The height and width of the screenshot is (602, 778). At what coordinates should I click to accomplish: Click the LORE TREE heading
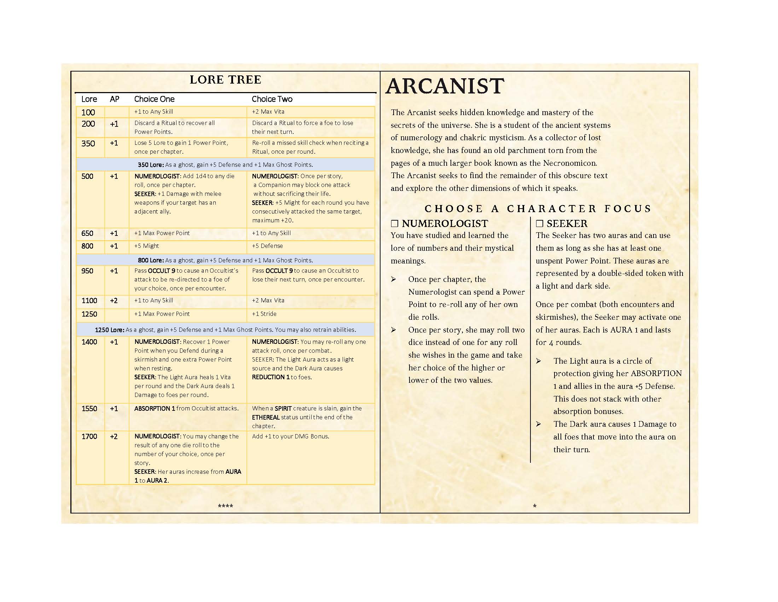coord(225,80)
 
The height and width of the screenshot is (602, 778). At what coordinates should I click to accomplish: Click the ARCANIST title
coord(445,86)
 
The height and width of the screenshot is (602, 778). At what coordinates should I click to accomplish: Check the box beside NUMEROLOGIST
coord(394,223)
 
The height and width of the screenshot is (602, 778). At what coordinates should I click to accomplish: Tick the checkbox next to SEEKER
coord(539,223)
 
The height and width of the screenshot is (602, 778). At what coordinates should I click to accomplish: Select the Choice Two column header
coord(272,99)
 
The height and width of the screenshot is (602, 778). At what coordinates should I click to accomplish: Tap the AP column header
coord(114,99)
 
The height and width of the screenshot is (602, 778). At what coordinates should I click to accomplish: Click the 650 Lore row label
coord(87,233)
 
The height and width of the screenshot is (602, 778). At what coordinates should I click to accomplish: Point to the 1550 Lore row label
coord(89,408)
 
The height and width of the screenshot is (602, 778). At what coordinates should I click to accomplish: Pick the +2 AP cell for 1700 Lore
coord(114,436)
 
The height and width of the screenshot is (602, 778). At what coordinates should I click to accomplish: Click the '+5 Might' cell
coord(146,246)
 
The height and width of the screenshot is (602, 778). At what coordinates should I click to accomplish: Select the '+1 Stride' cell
coord(264,314)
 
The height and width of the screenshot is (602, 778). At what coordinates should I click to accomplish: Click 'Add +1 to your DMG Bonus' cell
coord(290,436)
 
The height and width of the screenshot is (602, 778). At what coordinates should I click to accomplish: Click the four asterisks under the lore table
coord(225,506)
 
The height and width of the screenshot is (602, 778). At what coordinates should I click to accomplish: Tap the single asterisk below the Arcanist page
coord(535,506)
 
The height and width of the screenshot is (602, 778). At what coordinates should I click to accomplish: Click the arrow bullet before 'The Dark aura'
coord(538,424)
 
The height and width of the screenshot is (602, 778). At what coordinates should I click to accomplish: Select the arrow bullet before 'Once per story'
coord(393,330)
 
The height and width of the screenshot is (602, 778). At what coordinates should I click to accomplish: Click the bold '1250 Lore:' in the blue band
coord(109,330)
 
